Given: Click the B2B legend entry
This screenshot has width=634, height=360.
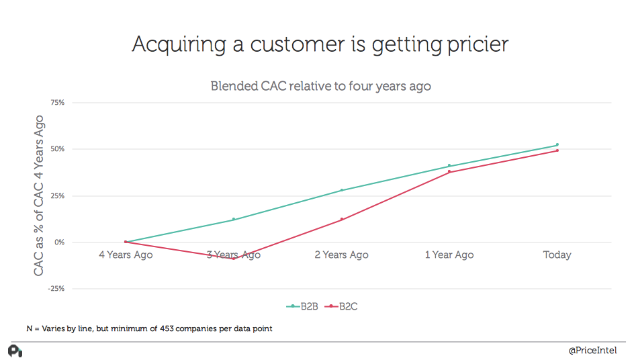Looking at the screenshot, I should [x=302, y=306].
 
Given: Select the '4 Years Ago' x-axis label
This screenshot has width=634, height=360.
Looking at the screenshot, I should [x=126, y=255].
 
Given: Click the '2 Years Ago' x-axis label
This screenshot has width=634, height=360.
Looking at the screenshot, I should [x=341, y=255].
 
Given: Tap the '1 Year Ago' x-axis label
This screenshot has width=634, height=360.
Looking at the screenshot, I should [x=449, y=255].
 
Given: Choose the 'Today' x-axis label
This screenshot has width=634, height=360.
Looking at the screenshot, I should [x=557, y=255].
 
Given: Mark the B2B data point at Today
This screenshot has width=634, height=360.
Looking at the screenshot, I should [x=557, y=144].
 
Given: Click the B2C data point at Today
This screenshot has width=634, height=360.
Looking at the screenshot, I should [x=557, y=150].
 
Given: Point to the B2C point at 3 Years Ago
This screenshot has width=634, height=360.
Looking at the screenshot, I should [x=234, y=258].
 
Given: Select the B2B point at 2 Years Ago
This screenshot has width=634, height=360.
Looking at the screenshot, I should [x=341, y=190].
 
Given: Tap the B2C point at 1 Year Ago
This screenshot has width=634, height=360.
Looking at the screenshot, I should [x=449, y=172].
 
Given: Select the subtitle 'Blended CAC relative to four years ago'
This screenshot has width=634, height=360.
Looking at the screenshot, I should [x=320, y=86].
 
